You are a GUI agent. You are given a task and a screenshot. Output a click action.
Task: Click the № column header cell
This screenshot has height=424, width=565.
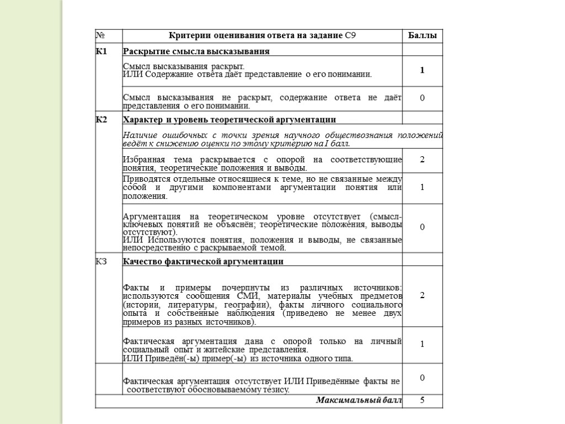coord(101,36)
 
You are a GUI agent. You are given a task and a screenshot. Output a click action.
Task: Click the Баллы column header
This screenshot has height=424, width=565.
coord(422,36)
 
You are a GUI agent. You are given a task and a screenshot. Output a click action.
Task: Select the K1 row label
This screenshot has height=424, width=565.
coord(102,52)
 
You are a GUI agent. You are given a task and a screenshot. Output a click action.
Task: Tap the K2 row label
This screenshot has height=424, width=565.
coord(102,119)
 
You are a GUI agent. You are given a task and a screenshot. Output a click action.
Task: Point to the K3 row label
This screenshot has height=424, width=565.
coord(102,261)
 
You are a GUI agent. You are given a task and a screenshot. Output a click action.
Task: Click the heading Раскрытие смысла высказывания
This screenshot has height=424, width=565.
coord(196,52)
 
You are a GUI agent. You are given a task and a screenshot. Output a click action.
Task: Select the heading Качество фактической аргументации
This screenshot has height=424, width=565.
coord(204,262)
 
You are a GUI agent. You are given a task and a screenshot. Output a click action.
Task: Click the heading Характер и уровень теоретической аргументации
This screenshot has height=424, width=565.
coord(230,119)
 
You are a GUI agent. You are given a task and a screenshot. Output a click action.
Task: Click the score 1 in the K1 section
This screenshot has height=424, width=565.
coord(422,71)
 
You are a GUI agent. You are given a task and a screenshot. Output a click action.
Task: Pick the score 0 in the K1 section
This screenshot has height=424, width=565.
coord(422,98)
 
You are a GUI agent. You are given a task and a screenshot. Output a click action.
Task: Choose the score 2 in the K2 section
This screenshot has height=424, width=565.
coord(422,160)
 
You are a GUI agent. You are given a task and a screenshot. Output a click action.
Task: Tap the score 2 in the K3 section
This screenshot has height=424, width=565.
coord(422,295)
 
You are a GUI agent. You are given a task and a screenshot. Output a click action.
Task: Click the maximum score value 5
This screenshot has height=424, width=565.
coord(422,400)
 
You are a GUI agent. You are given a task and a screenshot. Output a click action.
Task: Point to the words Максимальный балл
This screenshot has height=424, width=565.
coord(359,400)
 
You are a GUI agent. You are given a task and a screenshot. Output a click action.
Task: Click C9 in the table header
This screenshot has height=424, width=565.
coord(350,36)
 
